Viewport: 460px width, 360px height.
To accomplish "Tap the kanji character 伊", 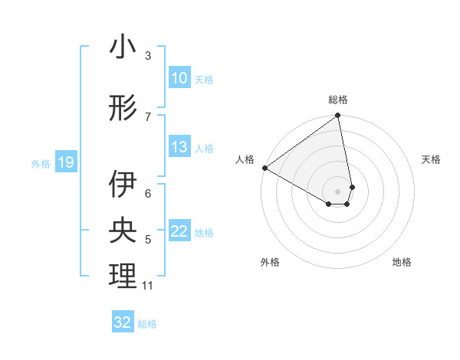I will [123, 185].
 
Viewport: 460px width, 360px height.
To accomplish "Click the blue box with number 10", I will [179, 77].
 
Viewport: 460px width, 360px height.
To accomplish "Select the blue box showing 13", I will [179, 147].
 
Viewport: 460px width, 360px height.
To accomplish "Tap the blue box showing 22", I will [179, 231].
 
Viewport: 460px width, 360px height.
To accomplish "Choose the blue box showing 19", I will [66, 162].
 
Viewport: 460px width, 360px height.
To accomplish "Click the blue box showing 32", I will [123, 322].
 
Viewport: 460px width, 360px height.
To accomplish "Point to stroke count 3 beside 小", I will [148, 56].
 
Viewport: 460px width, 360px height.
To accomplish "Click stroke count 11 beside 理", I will [148, 286].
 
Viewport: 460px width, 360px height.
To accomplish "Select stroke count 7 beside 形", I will [148, 116].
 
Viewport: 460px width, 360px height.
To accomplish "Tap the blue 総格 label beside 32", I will [147, 324].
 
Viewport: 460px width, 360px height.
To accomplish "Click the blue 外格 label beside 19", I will [41, 163].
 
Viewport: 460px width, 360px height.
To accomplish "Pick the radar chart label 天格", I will [431, 159].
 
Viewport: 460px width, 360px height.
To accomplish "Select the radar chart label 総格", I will [338, 100].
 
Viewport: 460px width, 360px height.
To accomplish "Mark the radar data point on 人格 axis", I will [264, 168].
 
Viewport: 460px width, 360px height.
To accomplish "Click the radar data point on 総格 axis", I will [338, 116].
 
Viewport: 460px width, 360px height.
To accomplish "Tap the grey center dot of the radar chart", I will [338, 190].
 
